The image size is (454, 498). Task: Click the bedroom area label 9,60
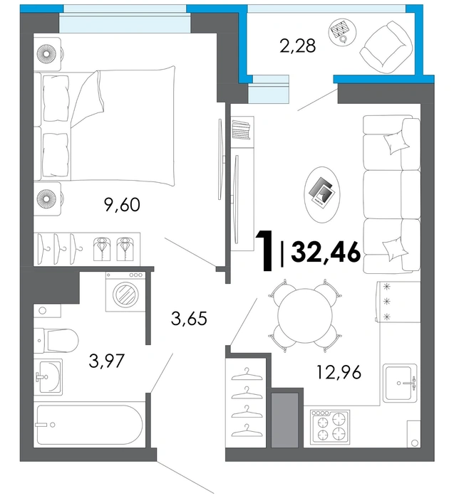point(122,205)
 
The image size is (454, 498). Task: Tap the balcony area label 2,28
point(298,46)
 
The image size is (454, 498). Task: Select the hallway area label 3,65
point(189,318)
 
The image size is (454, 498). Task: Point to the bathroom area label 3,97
point(106,361)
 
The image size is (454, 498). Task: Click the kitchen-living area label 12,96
point(339,372)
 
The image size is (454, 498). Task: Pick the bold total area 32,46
point(326,252)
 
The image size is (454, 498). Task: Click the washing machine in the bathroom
point(125,291)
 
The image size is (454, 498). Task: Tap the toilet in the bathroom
point(56,341)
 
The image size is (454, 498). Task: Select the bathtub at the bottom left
point(90,424)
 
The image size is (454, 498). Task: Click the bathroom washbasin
point(48,377)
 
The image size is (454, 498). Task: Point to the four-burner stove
point(330,427)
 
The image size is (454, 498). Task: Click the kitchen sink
point(400,383)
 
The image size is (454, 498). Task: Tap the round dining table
point(305,315)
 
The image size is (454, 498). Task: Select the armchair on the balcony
point(386,47)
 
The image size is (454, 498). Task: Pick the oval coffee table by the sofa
point(322,194)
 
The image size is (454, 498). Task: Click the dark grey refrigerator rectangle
point(285,420)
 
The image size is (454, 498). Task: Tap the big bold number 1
point(266,251)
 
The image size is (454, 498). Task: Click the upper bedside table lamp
point(47,53)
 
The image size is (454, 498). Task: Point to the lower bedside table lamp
point(47,198)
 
